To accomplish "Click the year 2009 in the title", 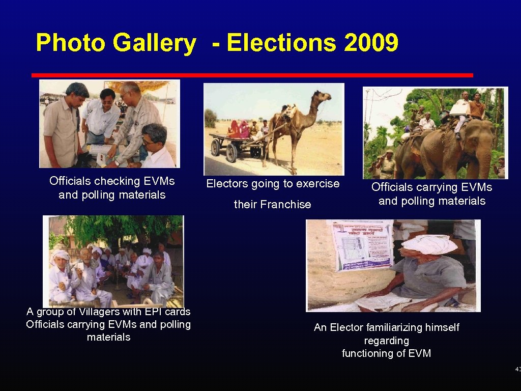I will [371, 43].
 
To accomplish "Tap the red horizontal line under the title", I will [252, 75].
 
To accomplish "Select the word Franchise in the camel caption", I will [285, 205].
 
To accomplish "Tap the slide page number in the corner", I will [517, 369].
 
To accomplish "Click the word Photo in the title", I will [71, 43].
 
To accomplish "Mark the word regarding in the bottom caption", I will [386, 341].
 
